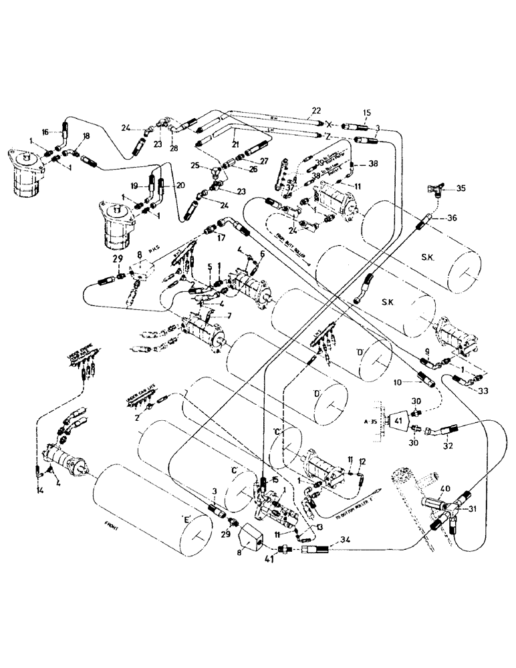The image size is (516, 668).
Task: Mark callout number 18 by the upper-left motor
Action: (86, 136)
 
